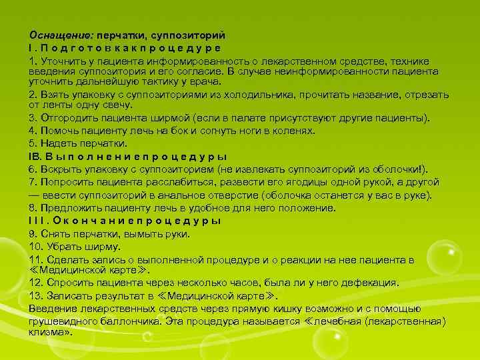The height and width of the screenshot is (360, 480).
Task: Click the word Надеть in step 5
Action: coord(57,143)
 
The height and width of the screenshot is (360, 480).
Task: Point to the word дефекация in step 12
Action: coord(372,283)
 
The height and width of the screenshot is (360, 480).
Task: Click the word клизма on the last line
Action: coord(47,332)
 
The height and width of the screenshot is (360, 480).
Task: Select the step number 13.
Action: coord(36,296)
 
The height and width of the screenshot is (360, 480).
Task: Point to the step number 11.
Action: coord(36,259)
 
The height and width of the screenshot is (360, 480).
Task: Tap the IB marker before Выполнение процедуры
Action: coord(35,156)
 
